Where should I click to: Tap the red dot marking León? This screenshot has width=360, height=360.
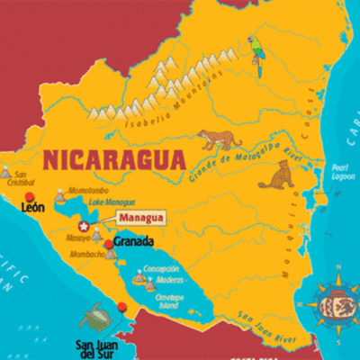(x=30, y=196)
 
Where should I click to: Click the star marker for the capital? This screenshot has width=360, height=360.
(x=85, y=226)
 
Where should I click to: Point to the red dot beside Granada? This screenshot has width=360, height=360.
(x=108, y=244)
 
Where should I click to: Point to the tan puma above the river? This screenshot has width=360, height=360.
(x=220, y=138)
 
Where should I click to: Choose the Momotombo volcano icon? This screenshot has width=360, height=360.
(x=59, y=193)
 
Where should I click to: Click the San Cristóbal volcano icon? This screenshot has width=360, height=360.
(x=7, y=170)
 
